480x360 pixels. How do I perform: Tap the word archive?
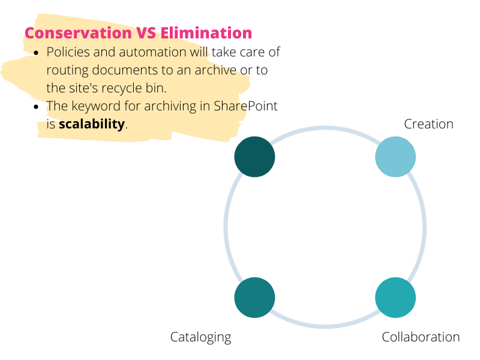point(215,70)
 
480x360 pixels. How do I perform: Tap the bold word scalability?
point(92,124)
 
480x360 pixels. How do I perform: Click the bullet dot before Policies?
point(37,53)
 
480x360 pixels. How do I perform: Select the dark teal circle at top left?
point(254,157)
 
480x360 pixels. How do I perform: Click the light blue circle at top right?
point(395,157)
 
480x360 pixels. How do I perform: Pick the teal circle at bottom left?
point(254,298)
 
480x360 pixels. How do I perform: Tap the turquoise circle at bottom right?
point(395,298)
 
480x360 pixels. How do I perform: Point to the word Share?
point(230,106)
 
